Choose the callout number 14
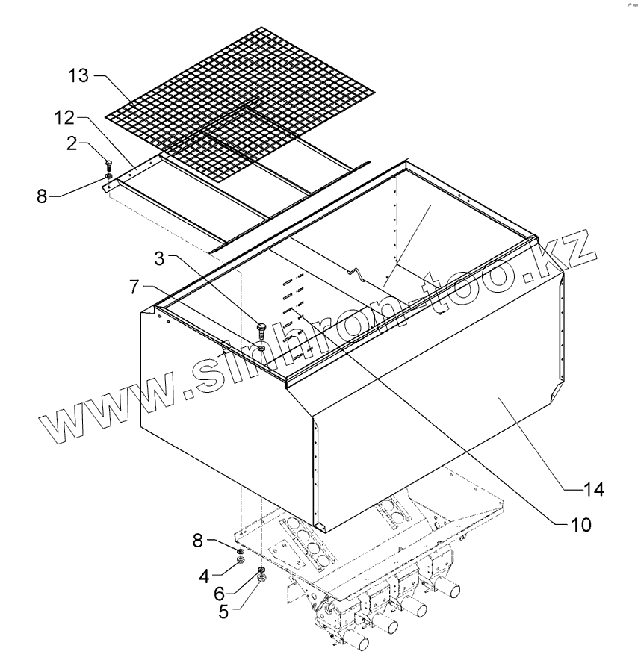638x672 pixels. [594, 490]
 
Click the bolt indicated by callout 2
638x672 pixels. [109, 165]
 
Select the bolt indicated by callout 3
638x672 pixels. [261, 329]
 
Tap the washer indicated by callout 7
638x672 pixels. [261, 349]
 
